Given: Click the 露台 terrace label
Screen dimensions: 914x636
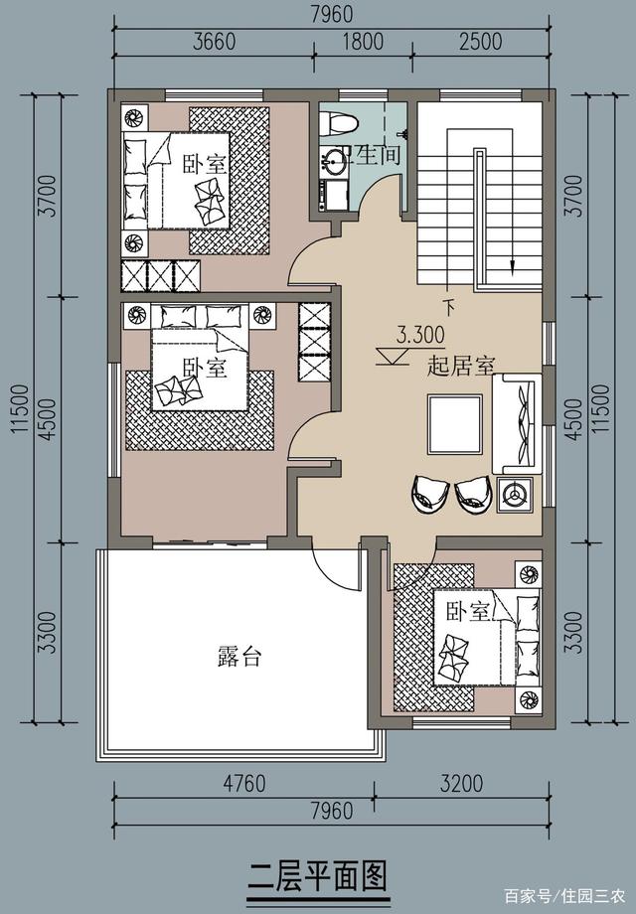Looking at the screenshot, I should [x=238, y=657].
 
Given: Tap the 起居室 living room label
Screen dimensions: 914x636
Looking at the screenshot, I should [x=460, y=366].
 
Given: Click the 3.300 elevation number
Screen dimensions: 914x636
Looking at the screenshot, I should [x=420, y=335].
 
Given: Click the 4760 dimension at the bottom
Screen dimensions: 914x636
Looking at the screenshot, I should [x=243, y=784].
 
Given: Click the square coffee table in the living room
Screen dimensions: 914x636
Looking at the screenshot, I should [x=453, y=422].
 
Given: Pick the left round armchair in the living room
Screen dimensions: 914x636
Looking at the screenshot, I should [x=429, y=493].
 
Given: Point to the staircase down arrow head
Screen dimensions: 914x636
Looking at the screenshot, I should [x=512, y=265].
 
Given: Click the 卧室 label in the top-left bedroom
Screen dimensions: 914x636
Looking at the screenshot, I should [x=204, y=164].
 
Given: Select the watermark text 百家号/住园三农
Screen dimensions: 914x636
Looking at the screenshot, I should [x=563, y=895].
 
